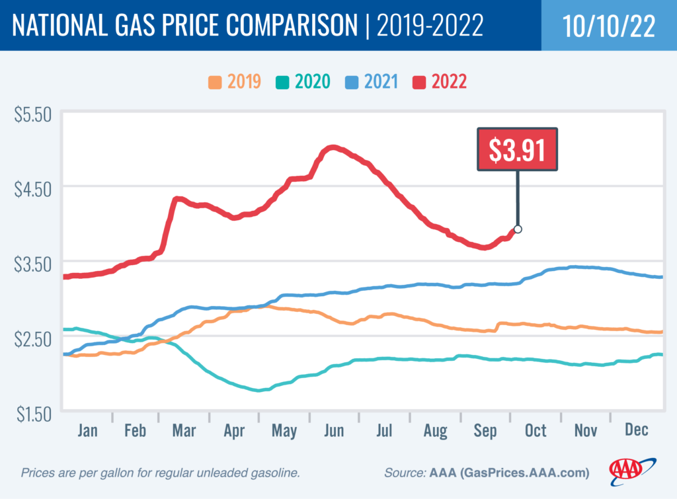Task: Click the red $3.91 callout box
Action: point(518,150)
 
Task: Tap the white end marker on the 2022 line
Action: point(518,229)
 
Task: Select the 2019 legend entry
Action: point(235,82)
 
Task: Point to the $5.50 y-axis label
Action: point(32,114)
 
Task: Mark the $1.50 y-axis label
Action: point(32,414)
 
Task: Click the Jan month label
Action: point(87,430)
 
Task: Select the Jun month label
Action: point(334,430)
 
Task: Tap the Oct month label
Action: point(536,430)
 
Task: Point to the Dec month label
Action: point(636,430)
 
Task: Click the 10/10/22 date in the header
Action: point(608,25)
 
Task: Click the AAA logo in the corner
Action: point(631,469)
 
